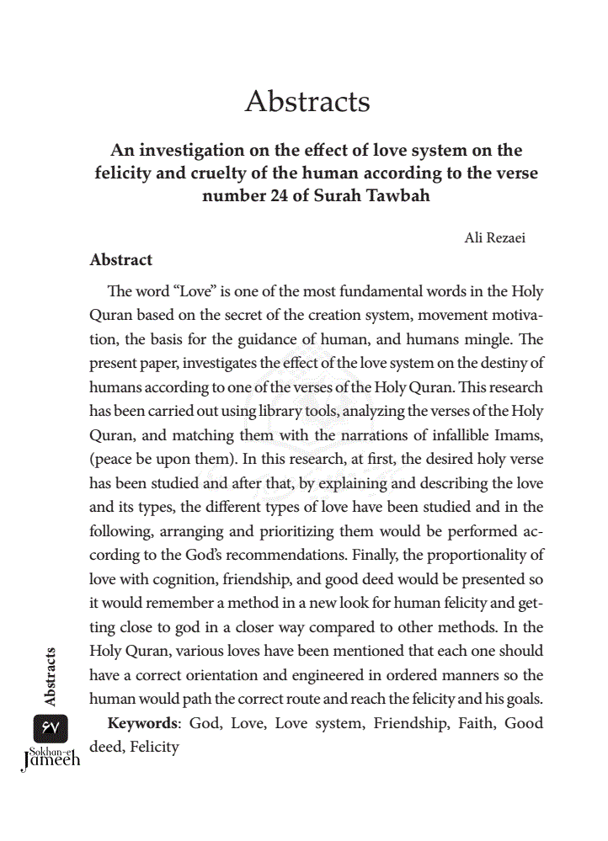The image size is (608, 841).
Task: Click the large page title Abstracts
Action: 307,102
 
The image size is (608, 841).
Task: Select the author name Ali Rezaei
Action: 496,238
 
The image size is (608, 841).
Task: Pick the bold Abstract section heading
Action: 121,260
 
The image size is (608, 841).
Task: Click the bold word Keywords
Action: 144,723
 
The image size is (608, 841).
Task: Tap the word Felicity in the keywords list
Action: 155,746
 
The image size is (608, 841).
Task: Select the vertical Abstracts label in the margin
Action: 51,676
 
